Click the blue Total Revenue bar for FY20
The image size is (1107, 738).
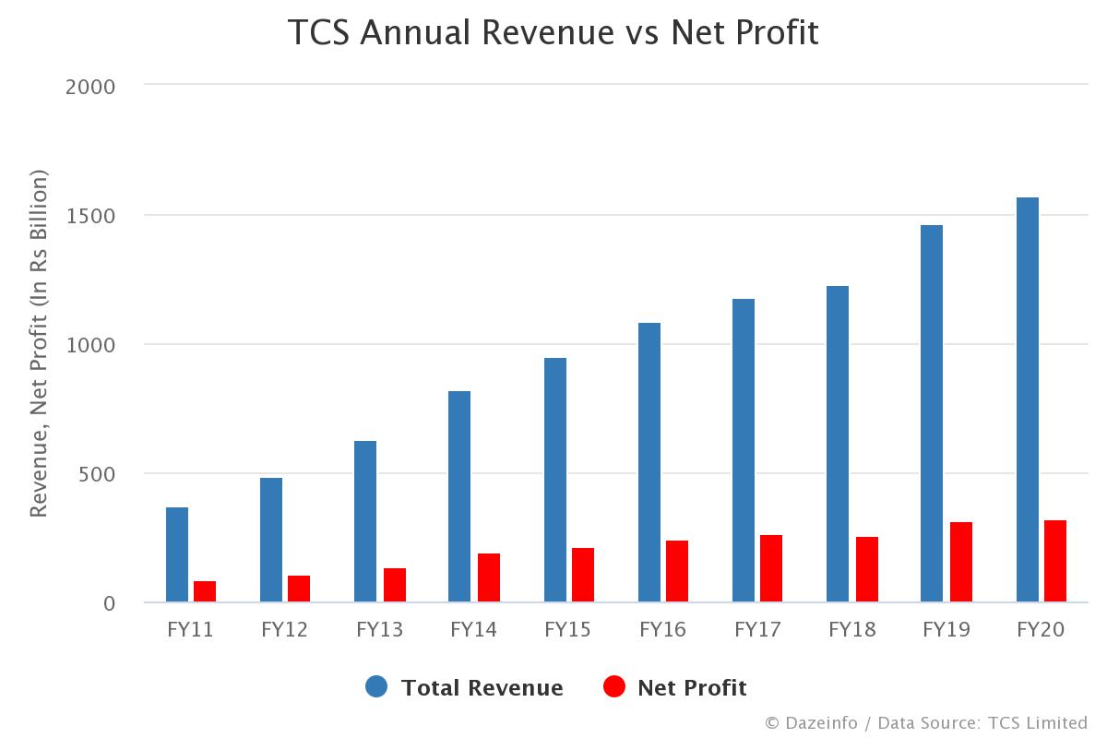(1027, 399)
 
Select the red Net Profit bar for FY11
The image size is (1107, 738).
(205, 591)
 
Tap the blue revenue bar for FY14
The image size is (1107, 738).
(459, 496)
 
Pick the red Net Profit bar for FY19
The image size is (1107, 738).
(961, 562)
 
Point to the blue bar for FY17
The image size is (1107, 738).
(744, 450)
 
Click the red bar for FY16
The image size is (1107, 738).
(677, 571)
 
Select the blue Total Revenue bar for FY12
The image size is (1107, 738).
(271, 540)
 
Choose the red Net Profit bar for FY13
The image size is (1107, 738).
(395, 585)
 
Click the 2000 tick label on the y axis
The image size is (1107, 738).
(90, 87)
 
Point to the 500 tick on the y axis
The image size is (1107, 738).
(97, 474)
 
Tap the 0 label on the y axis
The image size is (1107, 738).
(109, 603)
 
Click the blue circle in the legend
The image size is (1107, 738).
(376, 686)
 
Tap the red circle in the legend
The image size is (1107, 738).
(613, 686)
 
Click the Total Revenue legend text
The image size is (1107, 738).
(482, 688)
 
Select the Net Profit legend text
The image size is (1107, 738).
(692, 688)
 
